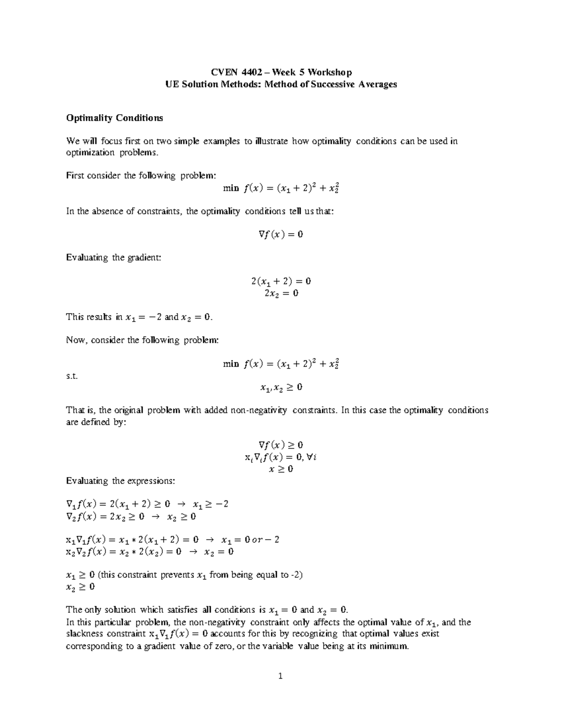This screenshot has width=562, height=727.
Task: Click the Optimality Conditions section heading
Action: (114, 118)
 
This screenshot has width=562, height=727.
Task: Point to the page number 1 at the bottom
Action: (281, 676)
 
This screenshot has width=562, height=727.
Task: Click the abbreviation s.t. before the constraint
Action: (71, 375)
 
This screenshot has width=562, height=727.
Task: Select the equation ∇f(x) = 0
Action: (281, 234)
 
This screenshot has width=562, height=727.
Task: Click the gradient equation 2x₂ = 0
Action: (281, 294)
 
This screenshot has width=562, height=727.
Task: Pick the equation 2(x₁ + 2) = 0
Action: (281, 281)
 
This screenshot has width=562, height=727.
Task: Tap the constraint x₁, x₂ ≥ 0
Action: (281, 388)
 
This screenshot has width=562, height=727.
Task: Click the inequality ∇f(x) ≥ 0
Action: (281, 445)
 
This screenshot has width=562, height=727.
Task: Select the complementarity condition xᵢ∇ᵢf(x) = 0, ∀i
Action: (281, 457)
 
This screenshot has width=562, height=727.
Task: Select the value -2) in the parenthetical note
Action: (297, 575)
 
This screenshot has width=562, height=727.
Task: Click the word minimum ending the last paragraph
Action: (389, 646)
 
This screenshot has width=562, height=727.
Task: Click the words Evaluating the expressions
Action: (120, 481)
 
